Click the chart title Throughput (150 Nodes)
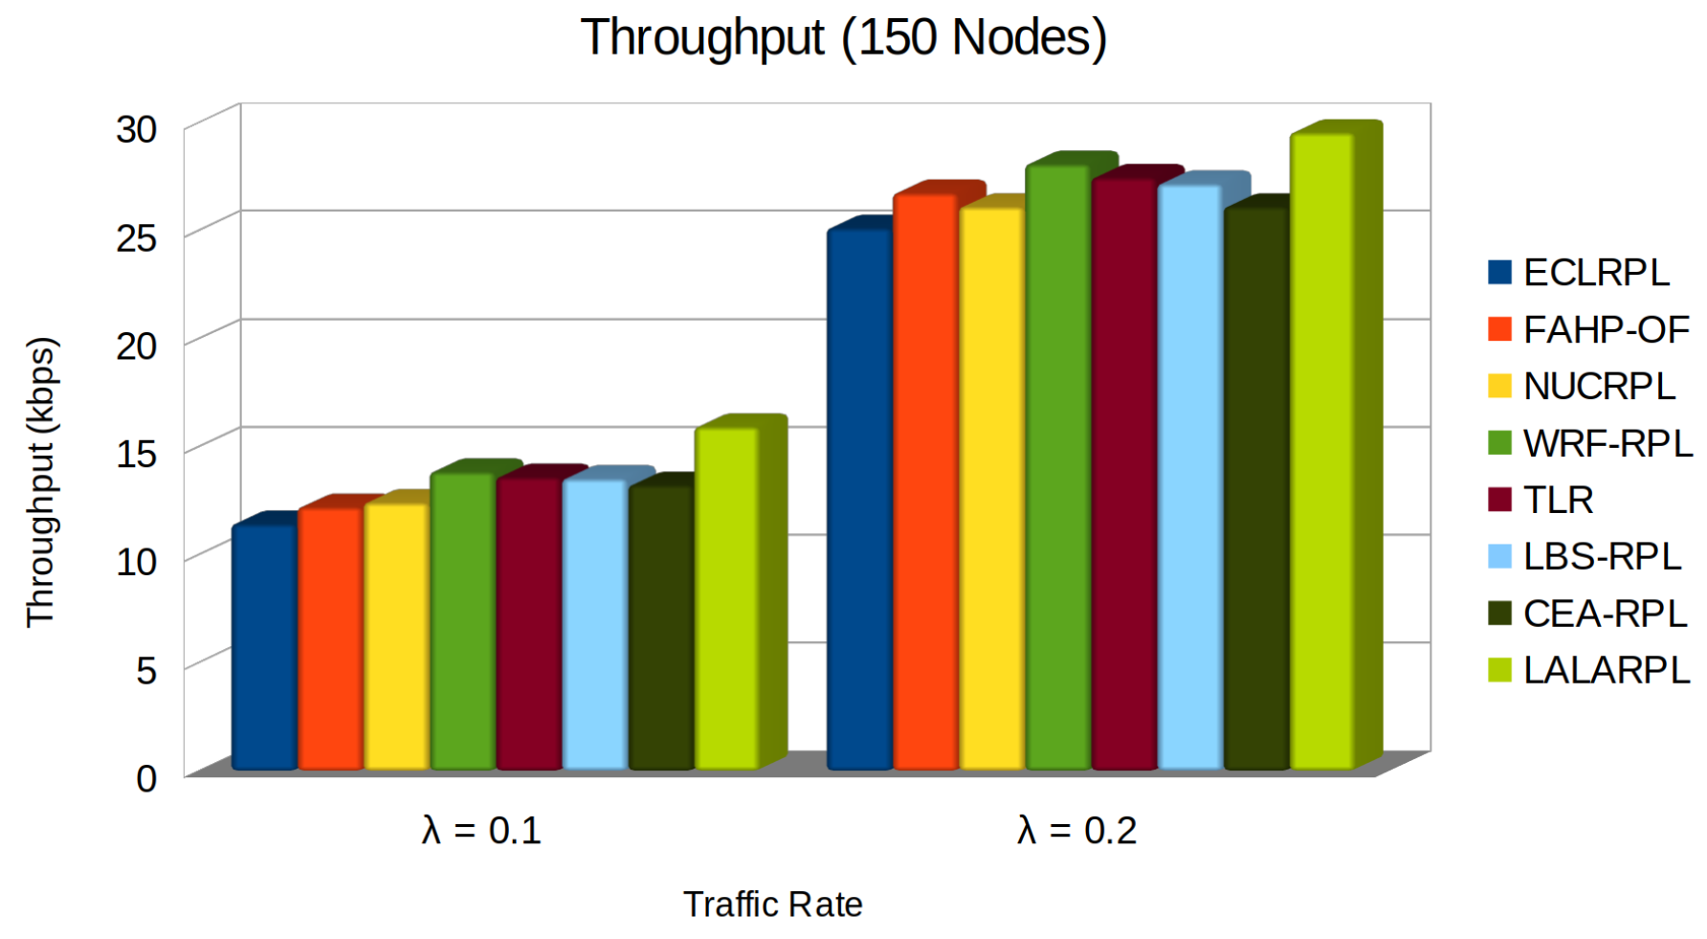[x=843, y=38]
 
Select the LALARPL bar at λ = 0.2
[x=1321, y=450]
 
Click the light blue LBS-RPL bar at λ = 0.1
[x=594, y=623]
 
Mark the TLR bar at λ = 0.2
[x=1123, y=473]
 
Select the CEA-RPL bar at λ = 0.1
[x=660, y=626]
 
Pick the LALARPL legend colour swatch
[x=1499, y=670]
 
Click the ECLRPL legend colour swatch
[x=1499, y=273]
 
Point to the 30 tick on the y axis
[x=137, y=129]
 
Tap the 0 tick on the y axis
[x=146, y=778]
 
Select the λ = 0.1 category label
[x=481, y=830]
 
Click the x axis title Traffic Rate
[x=772, y=904]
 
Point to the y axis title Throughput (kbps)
[x=41, y=481]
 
